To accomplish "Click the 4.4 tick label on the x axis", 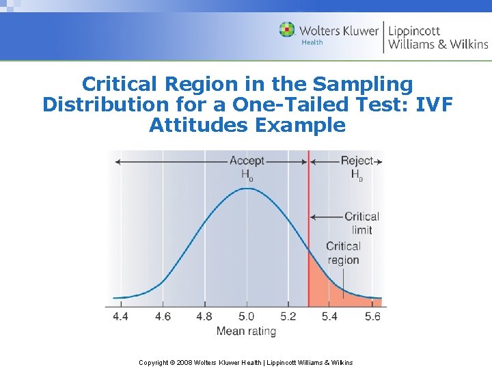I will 120,316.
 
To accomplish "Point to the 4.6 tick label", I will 162,316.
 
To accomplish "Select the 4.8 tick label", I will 204,316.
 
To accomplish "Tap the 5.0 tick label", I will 246,316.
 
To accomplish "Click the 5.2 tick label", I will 288,316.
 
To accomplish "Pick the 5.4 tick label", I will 330,316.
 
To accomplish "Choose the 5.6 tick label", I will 372,316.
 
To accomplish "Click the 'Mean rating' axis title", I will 246,331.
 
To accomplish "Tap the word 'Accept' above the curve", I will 247,161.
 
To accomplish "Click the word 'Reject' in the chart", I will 357,161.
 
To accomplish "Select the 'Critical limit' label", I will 361,223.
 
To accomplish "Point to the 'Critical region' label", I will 343,253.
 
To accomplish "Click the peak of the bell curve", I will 246,187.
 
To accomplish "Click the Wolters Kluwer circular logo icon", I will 287,30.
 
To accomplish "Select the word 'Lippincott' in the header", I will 414,31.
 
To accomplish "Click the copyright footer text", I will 246,362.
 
